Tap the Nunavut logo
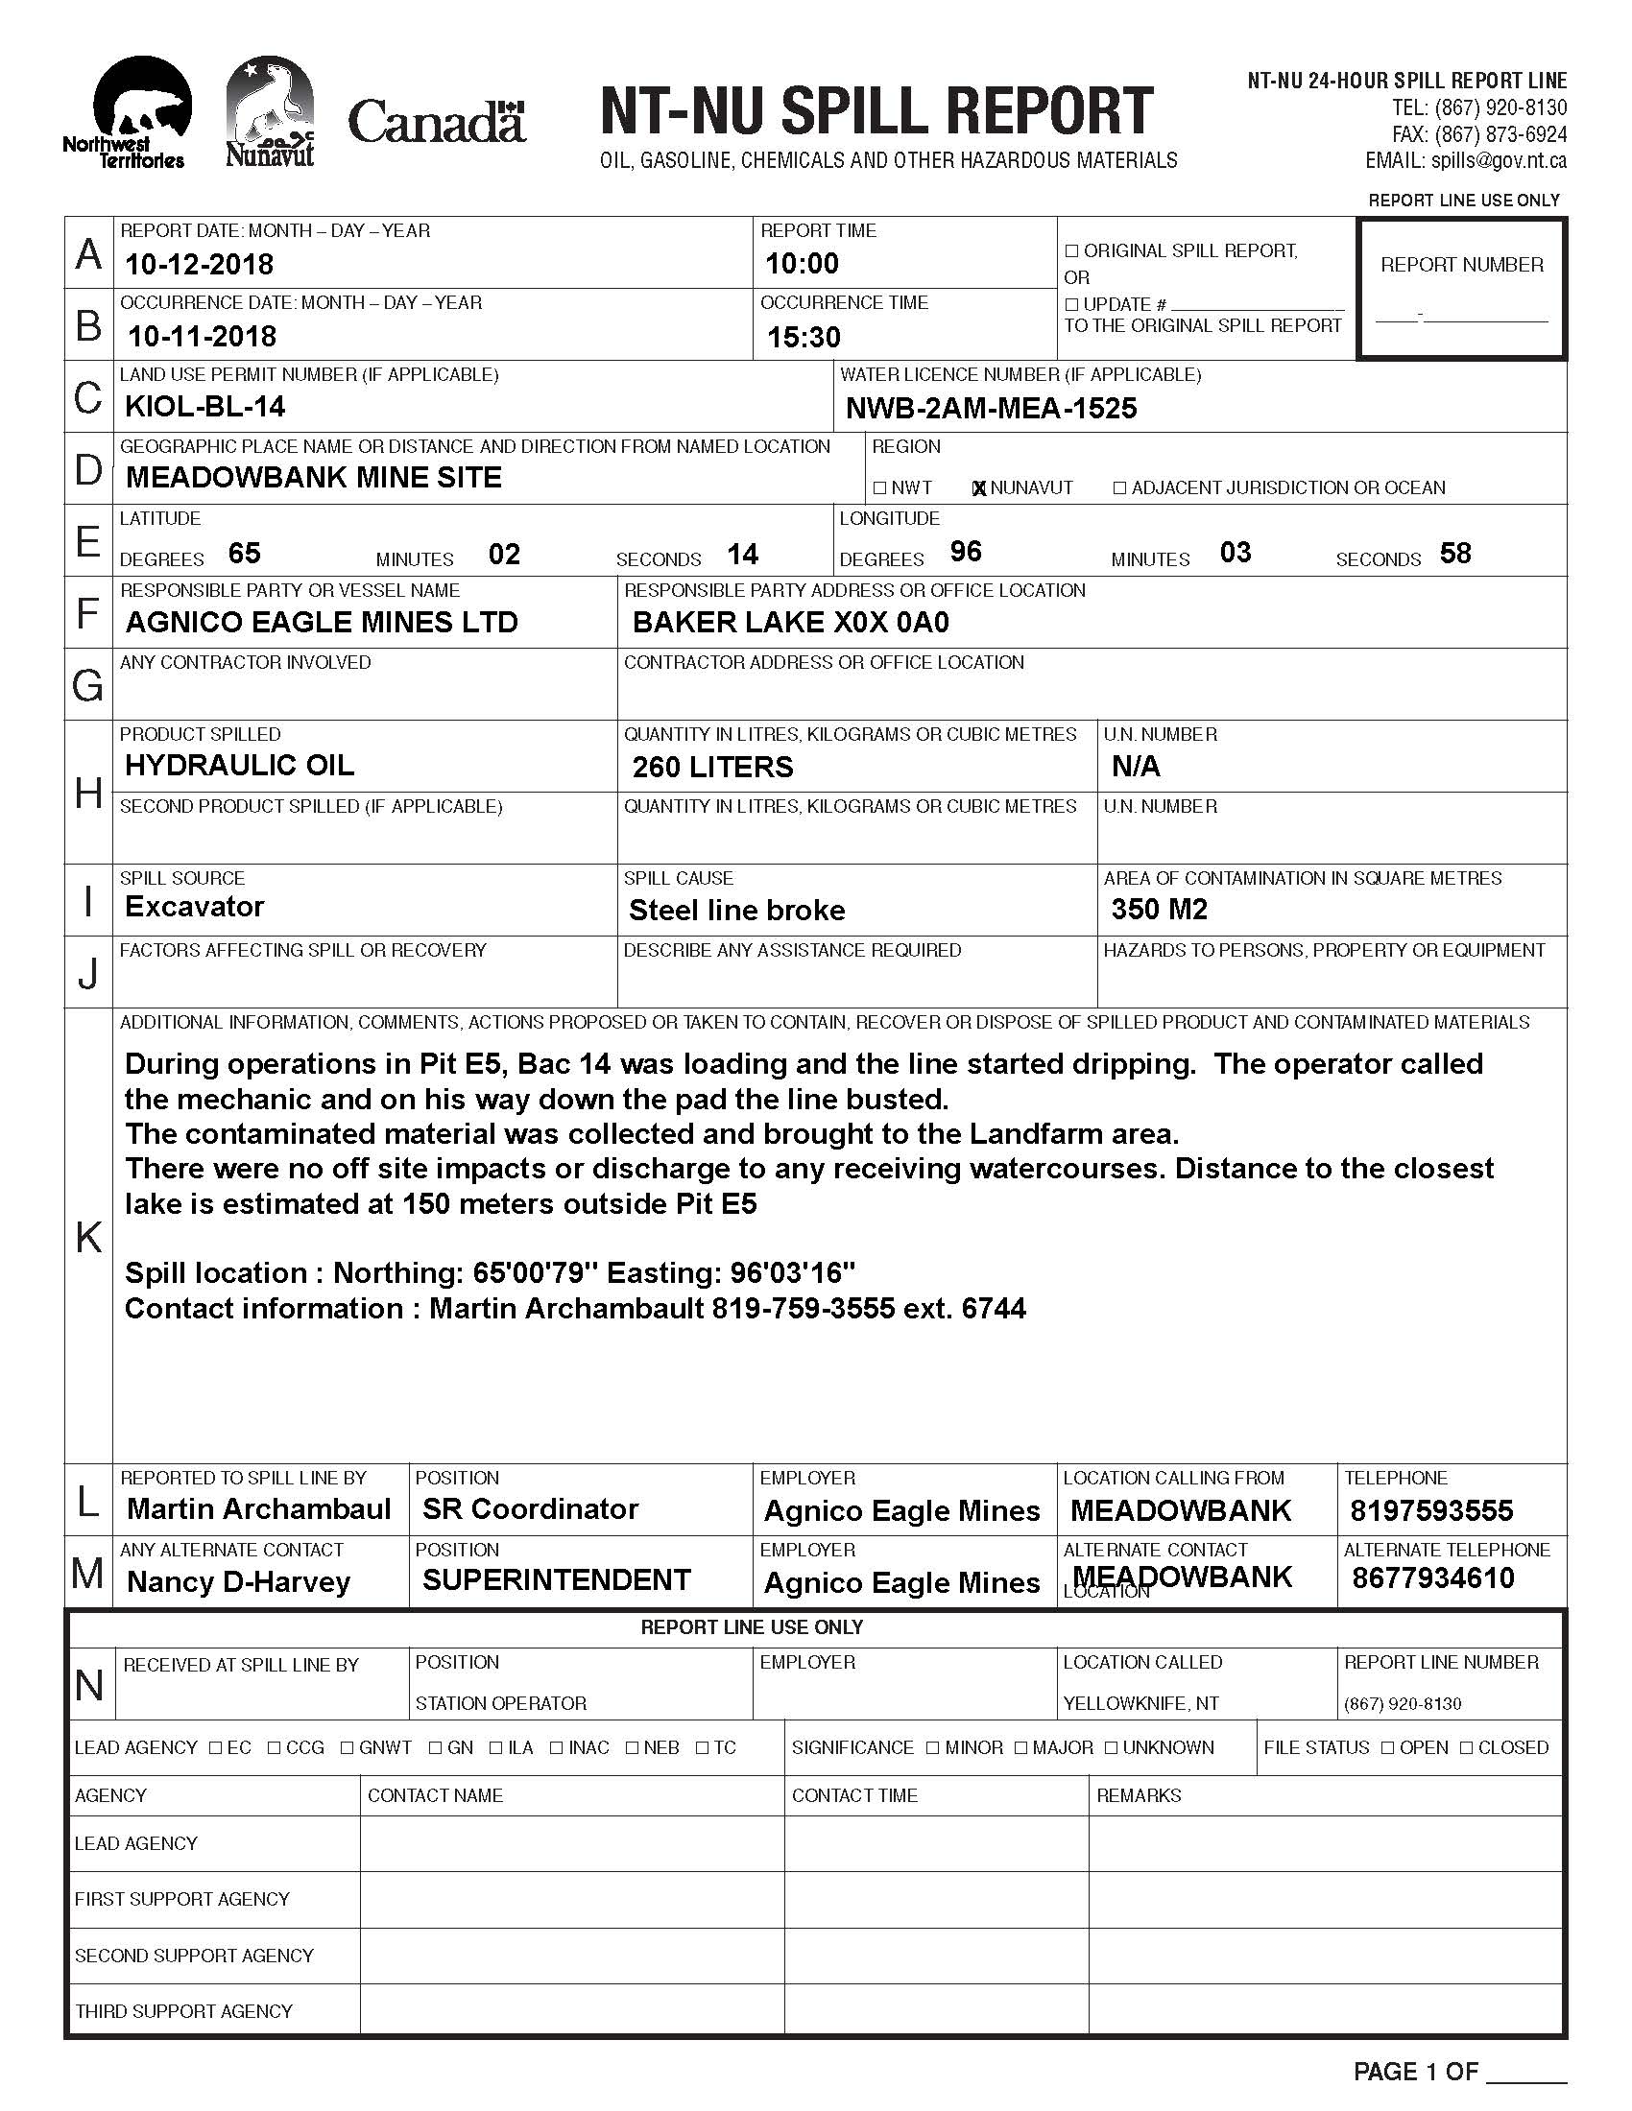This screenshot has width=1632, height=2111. pos(270,110)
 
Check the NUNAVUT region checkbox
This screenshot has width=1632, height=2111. pos(978,488)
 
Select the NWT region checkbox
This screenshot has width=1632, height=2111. pos(878,488)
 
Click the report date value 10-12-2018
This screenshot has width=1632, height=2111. pos(199,264)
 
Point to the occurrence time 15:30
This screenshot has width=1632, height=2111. pos(804,337)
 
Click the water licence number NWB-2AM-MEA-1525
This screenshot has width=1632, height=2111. pos(991,408)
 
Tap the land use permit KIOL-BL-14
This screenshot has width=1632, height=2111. pos(205,406)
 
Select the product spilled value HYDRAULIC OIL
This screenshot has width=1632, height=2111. pos(239,765)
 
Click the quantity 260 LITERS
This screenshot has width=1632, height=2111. pos(712,767)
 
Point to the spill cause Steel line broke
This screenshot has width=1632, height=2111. pos(736,910)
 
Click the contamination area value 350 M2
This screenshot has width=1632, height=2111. pos(1160,909)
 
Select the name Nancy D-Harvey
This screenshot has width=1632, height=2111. pos(238,1582)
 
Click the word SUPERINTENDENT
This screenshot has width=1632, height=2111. pos(556,1580)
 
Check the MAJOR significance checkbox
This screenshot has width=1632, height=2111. pos(1021,1747)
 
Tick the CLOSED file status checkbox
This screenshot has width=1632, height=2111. pos(1467,1747)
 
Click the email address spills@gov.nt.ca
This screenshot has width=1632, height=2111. pos(1466,160)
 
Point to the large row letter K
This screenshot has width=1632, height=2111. pos(88,1236)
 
